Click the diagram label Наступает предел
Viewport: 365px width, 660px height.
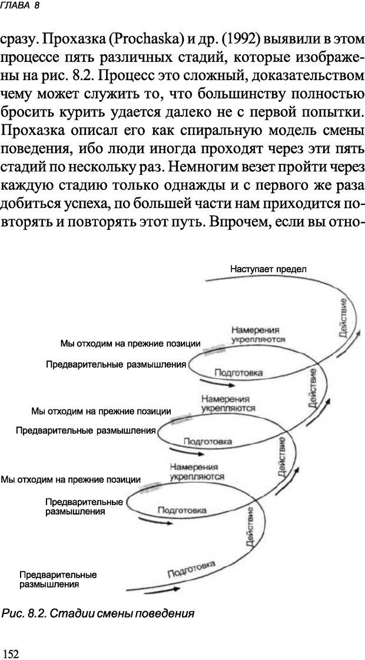coord(268,269)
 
